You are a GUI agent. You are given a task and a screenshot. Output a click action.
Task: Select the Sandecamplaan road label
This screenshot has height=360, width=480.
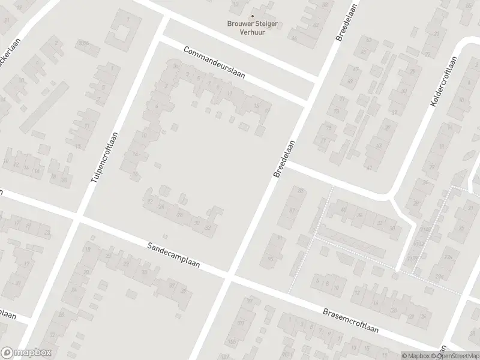(175, 255)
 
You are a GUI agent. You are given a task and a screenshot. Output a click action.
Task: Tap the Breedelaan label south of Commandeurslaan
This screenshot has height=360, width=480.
(285, 159)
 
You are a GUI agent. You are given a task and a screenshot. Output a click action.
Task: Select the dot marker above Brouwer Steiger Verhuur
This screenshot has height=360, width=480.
(252, 16)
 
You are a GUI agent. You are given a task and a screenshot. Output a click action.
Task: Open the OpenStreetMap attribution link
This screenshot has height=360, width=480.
(458, 355)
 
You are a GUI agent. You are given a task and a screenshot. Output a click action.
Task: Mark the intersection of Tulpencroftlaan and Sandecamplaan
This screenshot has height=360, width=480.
(77, 219)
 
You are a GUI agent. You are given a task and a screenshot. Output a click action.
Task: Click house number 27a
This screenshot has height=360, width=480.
(448, 256)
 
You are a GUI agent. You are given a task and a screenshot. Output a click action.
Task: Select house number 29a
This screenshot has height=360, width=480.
(440, 276)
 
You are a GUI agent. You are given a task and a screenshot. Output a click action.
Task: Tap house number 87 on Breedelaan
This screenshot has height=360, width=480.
(292, 211)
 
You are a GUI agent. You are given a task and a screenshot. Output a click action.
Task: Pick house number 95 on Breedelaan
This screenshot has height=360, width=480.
(271, 259)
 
